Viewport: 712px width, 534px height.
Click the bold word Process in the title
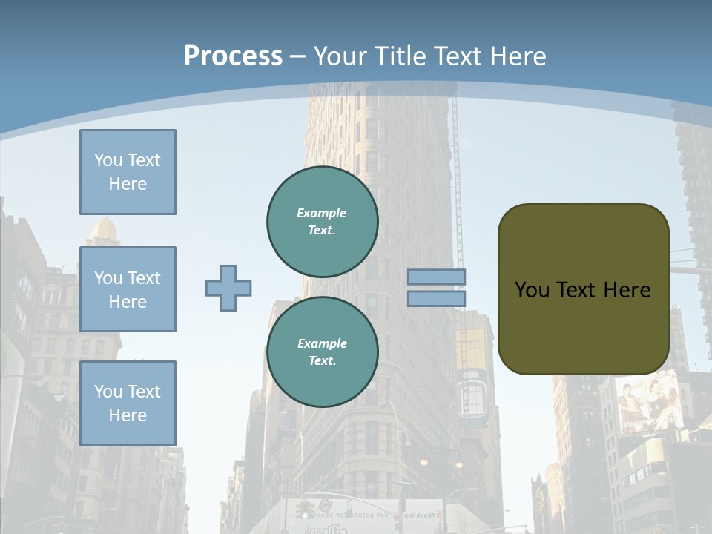coord(233,56)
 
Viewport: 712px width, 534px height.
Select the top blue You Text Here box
coord(128,172)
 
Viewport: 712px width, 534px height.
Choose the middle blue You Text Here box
coord(128,289)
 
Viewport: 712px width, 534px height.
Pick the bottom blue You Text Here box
coord(128,403)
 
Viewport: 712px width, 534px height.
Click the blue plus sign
coord(228,288)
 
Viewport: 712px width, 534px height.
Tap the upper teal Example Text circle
coord(323,222)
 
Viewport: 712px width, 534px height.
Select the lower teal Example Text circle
coord(323,352)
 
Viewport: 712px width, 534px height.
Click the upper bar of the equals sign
coord(437,277)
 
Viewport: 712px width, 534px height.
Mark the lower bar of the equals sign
coord(437,298)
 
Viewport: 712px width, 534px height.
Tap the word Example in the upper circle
coord(322,213)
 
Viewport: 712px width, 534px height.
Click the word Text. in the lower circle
coord(322,361)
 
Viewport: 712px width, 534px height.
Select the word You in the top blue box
coord(108,160)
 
